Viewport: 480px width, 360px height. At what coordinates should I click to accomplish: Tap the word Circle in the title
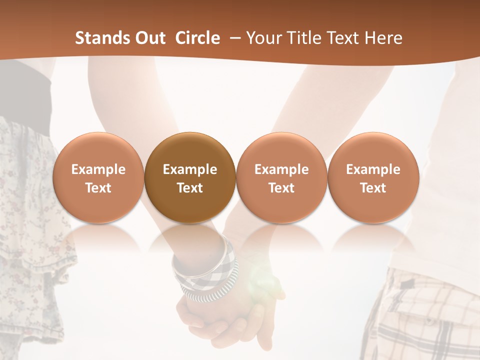point(197,38)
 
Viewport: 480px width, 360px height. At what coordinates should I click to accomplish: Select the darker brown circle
point(190,177)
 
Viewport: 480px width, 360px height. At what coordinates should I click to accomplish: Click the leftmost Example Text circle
point(98,177)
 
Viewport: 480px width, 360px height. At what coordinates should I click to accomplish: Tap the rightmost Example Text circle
point(373,177)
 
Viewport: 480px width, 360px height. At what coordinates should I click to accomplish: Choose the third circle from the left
point(281,177)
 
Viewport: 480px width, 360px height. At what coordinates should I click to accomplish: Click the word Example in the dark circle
point(190,169)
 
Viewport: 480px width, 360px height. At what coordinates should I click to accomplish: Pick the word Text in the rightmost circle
point(373,188)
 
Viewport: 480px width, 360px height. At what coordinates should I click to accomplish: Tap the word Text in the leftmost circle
point(98,188)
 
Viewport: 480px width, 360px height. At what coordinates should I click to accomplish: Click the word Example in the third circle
point(281,169)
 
